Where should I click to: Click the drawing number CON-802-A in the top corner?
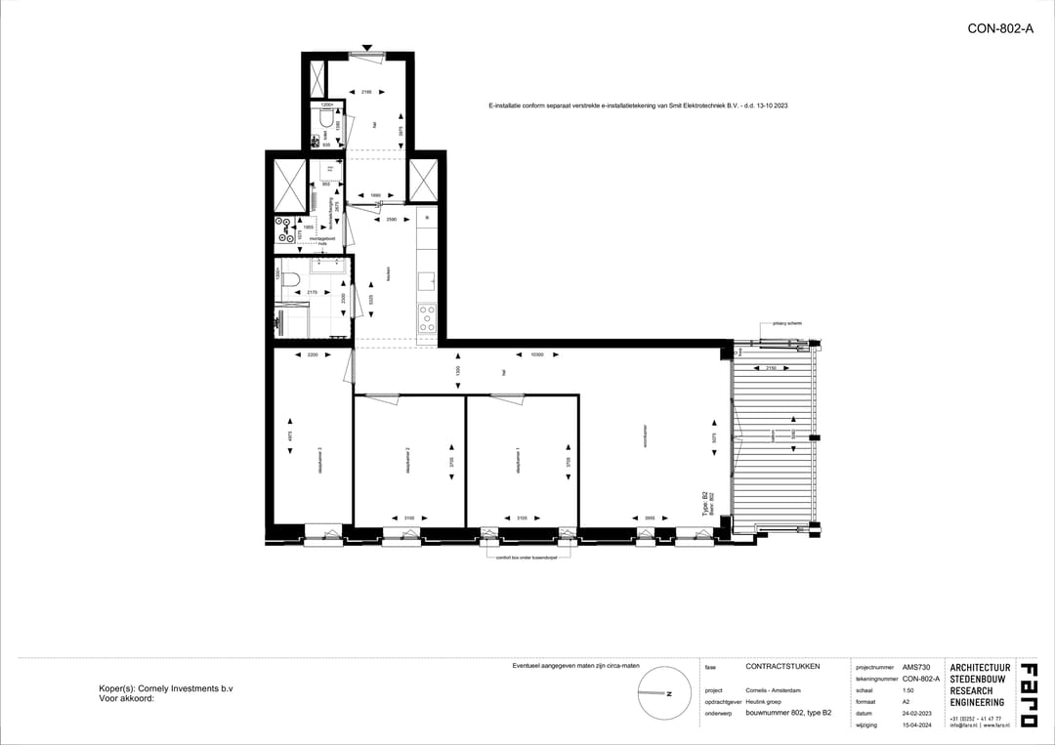pyautogui.click(x=999, y=29)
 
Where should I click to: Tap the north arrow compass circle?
pyautogui.click(x=656, y=692)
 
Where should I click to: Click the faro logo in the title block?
pyautogui.click(x=1028, y=695)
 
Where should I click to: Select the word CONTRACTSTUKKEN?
pyautogui.click(x=782, y=667)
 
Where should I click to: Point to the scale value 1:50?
pyautogui.click(x=908, y=689)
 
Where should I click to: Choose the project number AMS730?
pyautogui.click(x=916, y=667)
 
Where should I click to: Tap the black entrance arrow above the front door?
pyautogui.click(x=366, y=47)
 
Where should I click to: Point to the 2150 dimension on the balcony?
pyautogui.click(x=770, y=368)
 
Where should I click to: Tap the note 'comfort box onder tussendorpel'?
pyautogui.click(x=528, y=558)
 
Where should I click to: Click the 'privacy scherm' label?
pyautogui.click(x=786, y=321)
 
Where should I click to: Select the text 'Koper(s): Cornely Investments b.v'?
pyautogui.click(x=166, y=688)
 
